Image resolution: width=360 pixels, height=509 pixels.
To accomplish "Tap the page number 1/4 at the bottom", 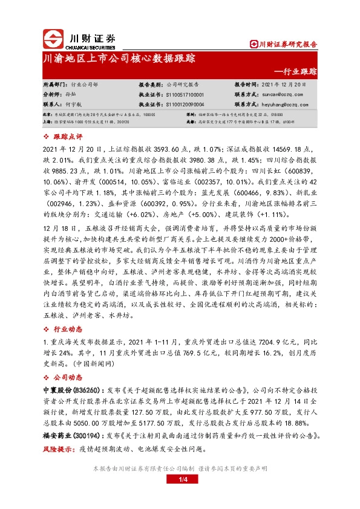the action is coord(180,496).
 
